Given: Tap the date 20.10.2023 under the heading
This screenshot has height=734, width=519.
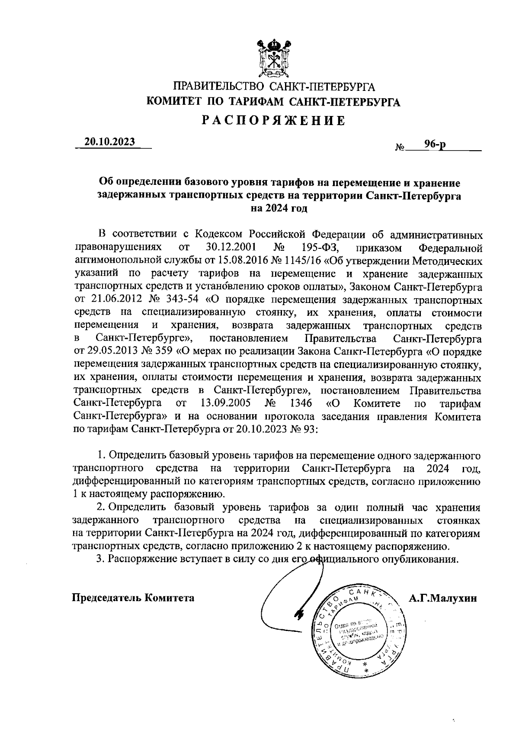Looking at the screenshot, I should tap(110, 142).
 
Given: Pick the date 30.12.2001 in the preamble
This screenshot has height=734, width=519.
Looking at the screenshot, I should tap(231, 248).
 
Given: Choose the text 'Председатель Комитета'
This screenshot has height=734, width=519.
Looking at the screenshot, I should tap(133, 598).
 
